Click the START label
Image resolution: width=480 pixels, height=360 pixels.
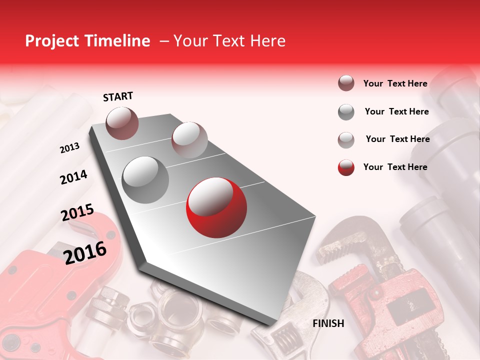coord(118,96)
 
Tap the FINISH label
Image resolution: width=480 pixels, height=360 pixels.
coord(328,323)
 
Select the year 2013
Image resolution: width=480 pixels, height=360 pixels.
coord(69,148)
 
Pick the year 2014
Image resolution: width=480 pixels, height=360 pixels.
coord(73,177)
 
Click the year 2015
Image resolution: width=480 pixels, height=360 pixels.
coord(77,213)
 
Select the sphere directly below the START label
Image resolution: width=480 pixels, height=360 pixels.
coord(122,123)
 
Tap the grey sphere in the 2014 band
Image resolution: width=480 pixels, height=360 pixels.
coord(145,179)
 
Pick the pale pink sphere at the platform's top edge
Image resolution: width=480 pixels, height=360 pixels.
coord(189,139)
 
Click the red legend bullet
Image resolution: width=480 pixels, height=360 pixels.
coord(346,167)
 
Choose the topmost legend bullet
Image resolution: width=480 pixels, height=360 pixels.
coord(346,83)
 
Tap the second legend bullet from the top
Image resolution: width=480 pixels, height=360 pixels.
coord(346,112)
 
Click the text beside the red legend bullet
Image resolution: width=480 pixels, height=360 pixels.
coord(395,167)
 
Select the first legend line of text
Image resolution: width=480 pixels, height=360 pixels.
coord(395,83)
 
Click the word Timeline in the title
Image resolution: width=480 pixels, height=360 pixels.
coord(118,41)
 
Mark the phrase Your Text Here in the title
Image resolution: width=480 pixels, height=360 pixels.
coord(229,41)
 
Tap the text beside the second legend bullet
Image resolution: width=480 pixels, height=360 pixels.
coord(397,111)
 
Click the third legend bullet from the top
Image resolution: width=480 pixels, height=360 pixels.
coord(346,140)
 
